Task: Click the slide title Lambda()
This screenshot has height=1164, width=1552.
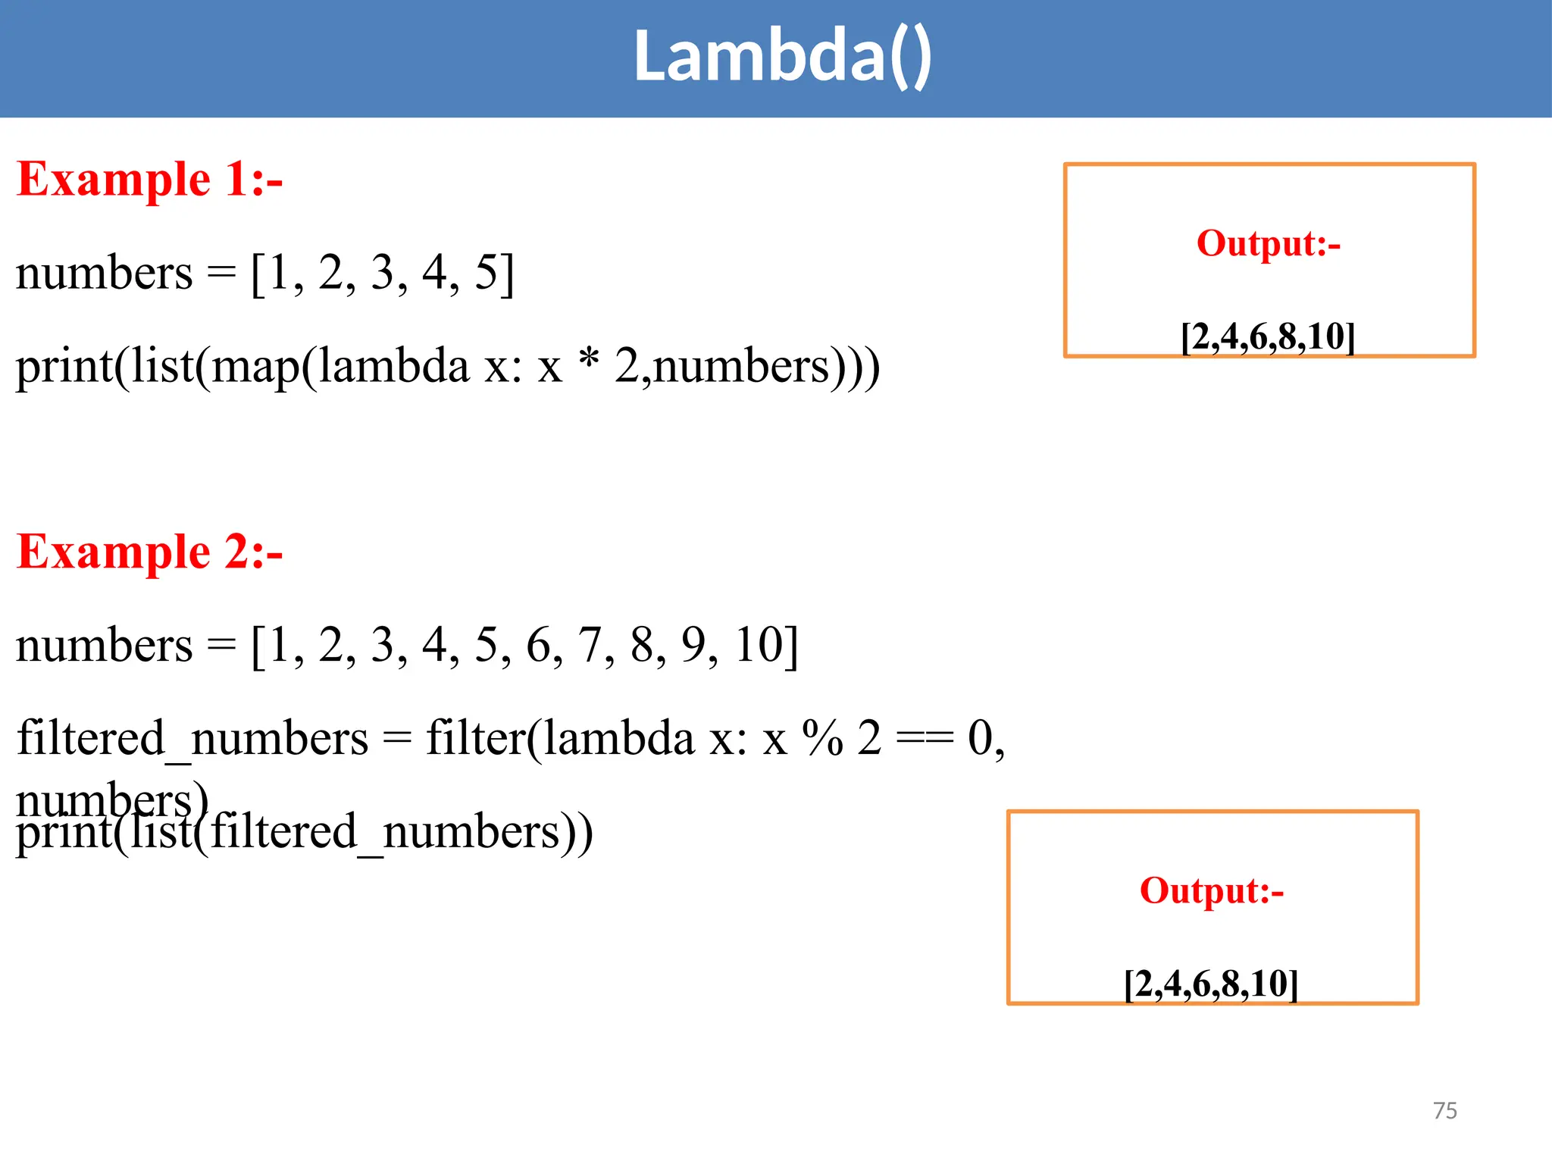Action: [x=782, y=57]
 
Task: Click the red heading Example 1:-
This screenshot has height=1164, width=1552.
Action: [x=149, y=180]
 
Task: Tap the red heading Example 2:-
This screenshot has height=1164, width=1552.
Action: [x=149, y=552]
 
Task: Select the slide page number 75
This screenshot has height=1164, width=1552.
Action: [x=1445, y=1111]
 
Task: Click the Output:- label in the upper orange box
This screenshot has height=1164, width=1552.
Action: [x=1269, y=244]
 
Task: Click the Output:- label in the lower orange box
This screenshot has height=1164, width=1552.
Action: [x=1212, y=891]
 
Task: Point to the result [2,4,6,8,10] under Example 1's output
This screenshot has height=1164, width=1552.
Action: [x=1269, y=336]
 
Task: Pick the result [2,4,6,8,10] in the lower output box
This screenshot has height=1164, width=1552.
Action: [x=1212, y=984]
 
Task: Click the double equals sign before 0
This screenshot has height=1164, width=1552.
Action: [x=925, y=739]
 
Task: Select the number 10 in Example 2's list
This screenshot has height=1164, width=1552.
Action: [x=758, y=646]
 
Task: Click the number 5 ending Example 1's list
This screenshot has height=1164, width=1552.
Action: [x=486, y=273]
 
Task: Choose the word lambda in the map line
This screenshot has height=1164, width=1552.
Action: [x=394, y=366]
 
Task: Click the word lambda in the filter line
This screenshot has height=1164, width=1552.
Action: [x=619, y=738]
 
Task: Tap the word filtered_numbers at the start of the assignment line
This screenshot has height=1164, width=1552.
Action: [x=192, y=740]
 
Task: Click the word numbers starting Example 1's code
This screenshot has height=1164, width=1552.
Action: [x=105, y=274]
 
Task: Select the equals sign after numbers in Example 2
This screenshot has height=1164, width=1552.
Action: [x=221, y=646]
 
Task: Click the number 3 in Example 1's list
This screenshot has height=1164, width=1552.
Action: [x=383, y=273]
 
